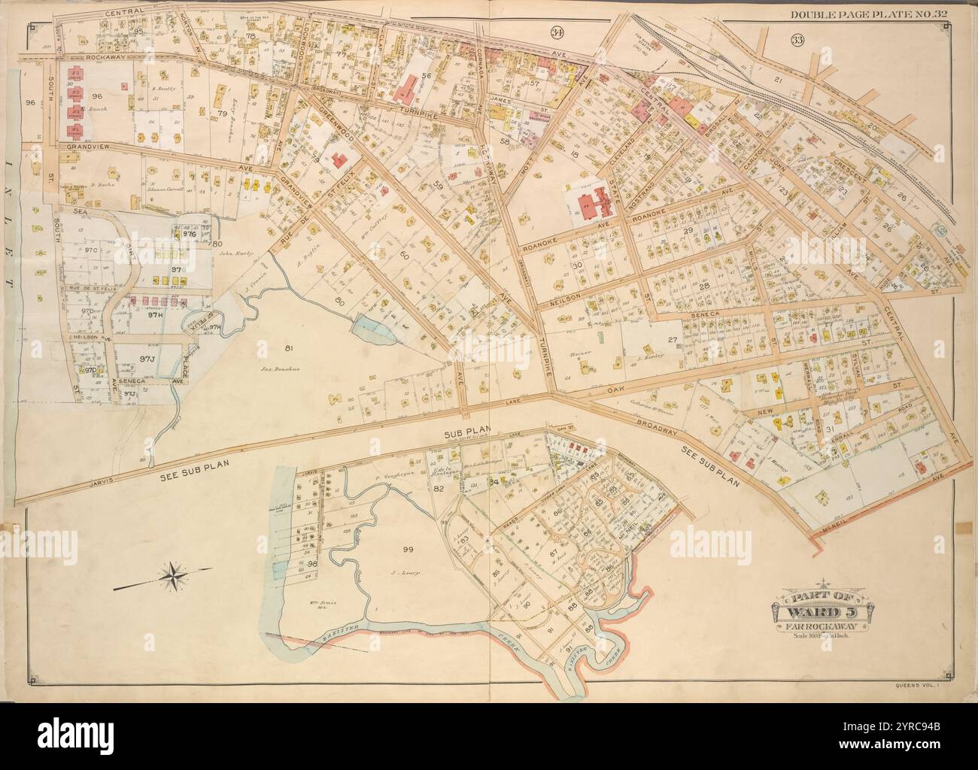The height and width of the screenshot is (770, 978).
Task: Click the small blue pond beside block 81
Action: click(x=366, y=325)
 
